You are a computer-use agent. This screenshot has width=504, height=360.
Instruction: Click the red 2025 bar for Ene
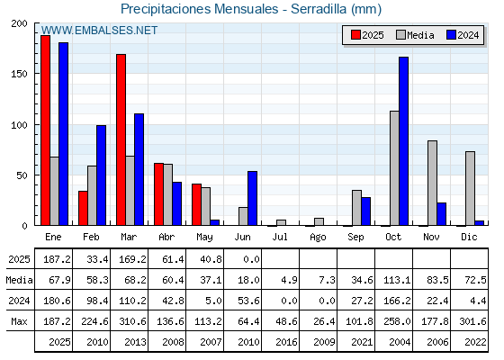click(45, 130)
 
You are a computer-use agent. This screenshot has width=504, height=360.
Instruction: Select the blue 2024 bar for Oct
click(404, 141)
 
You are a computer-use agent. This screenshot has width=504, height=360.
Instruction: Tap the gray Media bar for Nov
click(432, 183)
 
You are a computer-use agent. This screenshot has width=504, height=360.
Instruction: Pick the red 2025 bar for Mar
click(121, 139)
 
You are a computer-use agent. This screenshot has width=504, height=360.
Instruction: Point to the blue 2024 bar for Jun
click(252, 198)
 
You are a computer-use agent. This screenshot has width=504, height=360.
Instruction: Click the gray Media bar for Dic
click(470, 188)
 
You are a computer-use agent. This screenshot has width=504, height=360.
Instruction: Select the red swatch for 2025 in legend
click(355, 35)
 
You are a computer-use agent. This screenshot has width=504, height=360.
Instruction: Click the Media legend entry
click(415, 35)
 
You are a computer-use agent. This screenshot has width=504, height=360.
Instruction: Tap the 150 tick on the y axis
click(19, 74)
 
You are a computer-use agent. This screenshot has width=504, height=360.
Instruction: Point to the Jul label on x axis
click(280, 237)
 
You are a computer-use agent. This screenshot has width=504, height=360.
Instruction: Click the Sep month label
click(355, 238)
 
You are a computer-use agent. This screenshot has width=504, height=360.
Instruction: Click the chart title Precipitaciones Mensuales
click(199, 9)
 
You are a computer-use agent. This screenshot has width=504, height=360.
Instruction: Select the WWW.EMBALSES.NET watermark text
click(99, 31)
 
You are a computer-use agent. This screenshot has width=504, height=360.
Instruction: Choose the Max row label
click(19, 321)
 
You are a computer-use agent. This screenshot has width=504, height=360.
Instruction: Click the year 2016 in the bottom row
click(286, 342)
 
